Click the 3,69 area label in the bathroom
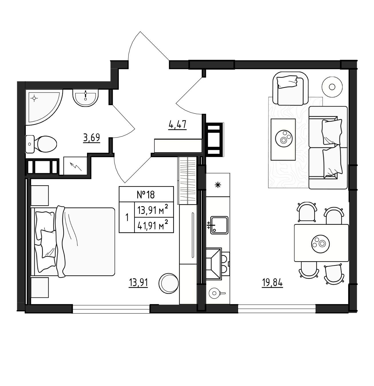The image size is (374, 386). tap(92, 137)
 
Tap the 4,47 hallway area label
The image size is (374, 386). tap(177, 125)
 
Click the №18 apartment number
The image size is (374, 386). tap(146, 195)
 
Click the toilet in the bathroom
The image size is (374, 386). tap(41, 144)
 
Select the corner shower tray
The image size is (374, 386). tap(44, 107)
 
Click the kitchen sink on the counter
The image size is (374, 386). tap(219, 225)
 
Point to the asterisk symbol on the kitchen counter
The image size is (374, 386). tap(218, 185)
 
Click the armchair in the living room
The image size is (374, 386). tap(290, 88)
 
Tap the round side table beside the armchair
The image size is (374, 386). tap(332, 87)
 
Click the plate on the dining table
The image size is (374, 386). tap(320, 244)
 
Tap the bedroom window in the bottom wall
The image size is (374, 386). tap(111, 309)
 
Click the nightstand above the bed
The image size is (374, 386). tap(40, 195)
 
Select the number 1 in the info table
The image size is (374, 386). tap(127, 217)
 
